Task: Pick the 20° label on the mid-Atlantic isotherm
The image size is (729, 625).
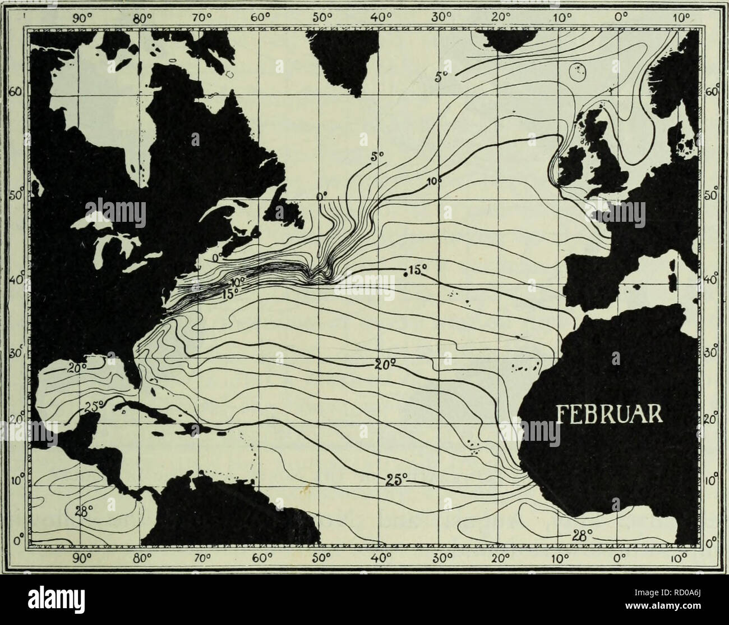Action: (x=386, y=365)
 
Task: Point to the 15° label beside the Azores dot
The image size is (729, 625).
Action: (x=417, y=271)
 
